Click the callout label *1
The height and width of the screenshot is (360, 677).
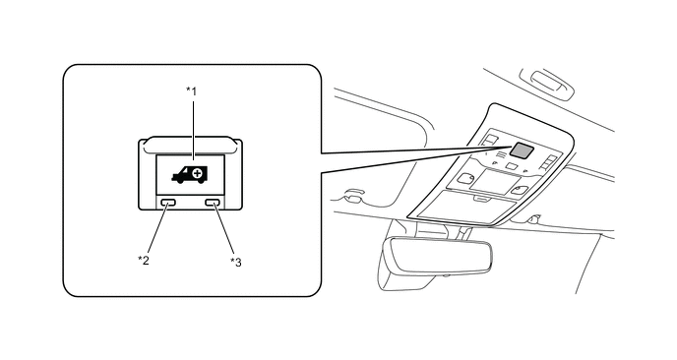[191, 91]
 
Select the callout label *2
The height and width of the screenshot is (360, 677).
[144, 261]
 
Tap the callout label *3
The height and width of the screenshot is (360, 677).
[236, 262]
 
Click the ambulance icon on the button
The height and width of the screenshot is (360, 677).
[190, 174]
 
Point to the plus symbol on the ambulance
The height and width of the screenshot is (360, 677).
[198, 173]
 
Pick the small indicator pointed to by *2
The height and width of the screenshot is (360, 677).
[168, 202]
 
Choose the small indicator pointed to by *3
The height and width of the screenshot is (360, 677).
[213, 202]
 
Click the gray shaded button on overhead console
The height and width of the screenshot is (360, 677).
[522, 150]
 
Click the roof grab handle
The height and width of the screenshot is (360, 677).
[548, 83]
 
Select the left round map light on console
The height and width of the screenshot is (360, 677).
[465, 178]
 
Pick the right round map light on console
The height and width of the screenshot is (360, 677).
[519, 190]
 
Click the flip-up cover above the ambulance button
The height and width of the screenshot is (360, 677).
[190, 145]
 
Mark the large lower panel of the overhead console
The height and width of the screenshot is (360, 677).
[466, 207]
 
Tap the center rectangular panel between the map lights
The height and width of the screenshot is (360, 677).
[494, 181]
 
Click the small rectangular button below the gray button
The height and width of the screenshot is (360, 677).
[512, 166]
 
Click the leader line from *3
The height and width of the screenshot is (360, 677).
[223, 229]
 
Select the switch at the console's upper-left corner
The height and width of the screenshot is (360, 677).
[490, 140]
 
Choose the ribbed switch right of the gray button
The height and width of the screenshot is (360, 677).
[548, 162]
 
